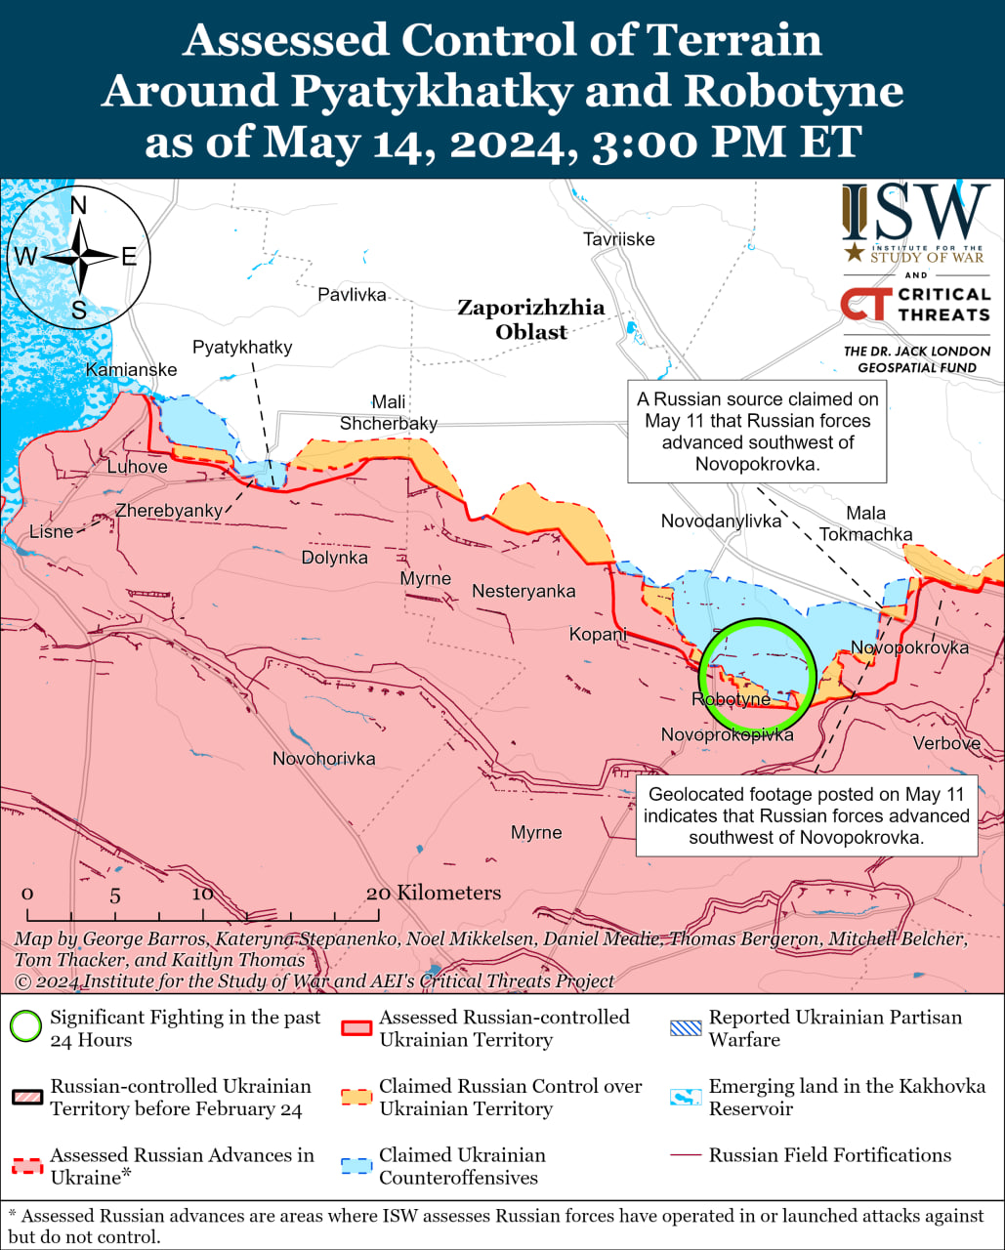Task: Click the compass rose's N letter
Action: [x=79, y=205]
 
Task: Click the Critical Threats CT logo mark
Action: [x=865, y=305]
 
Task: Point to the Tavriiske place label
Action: [x=618, y=239]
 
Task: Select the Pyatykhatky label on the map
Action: [x=242, y=348]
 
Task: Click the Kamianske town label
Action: [x=132, y=370]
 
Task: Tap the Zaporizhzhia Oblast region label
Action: [x=531, y=319]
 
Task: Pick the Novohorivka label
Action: [x=323, y=759]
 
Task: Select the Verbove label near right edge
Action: [x=946, y=743]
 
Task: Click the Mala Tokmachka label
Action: [x=865, y=523]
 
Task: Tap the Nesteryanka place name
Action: [x=523, y=591]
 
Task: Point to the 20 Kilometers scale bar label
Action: [x=434, y=893]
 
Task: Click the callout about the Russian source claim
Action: [x=757, y=432]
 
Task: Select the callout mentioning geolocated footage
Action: [x=806, y=815]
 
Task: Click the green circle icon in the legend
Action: [x=26, y=1027]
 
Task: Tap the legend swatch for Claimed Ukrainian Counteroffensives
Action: [x=356, y=1165]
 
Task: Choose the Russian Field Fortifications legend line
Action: [x=686, y=1155]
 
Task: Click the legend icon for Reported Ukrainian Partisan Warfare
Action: [x=686, y=1027]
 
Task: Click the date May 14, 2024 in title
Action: [x=409, y=143]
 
